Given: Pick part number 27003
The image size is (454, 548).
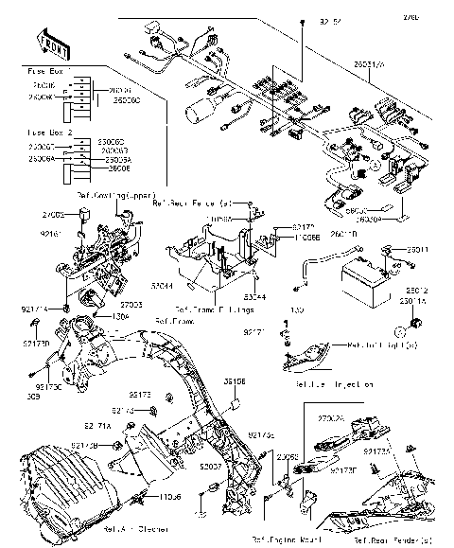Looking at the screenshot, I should pos(131,305).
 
